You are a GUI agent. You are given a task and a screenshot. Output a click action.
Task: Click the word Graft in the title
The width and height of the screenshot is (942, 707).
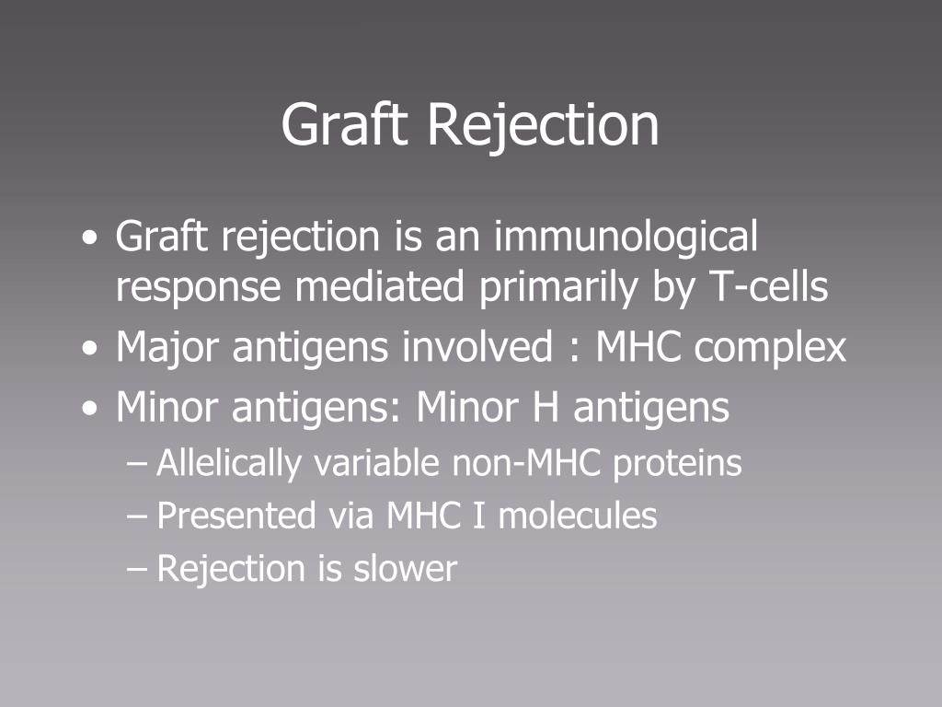click(344, 123)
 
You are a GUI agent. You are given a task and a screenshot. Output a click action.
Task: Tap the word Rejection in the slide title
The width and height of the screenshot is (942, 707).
click(543, 125)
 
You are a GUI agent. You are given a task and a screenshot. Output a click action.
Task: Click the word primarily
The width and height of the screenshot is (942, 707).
click(558, 288)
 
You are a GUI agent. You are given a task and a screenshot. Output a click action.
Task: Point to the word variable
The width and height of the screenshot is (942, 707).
click(376, 462)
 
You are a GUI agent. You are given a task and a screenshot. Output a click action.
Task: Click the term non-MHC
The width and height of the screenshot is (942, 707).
click(526, 463)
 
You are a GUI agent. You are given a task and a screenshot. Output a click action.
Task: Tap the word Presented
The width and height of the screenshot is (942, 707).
click(236, 516)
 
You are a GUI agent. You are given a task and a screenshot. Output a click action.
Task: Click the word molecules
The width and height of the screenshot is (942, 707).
click(578, 516)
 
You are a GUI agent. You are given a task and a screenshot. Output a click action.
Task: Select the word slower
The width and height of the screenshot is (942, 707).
click(405, 568)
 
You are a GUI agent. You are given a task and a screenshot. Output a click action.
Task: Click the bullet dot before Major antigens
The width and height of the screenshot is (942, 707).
click(90, 349)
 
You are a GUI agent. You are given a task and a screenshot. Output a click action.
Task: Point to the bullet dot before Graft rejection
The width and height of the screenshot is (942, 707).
click(90, 238)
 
